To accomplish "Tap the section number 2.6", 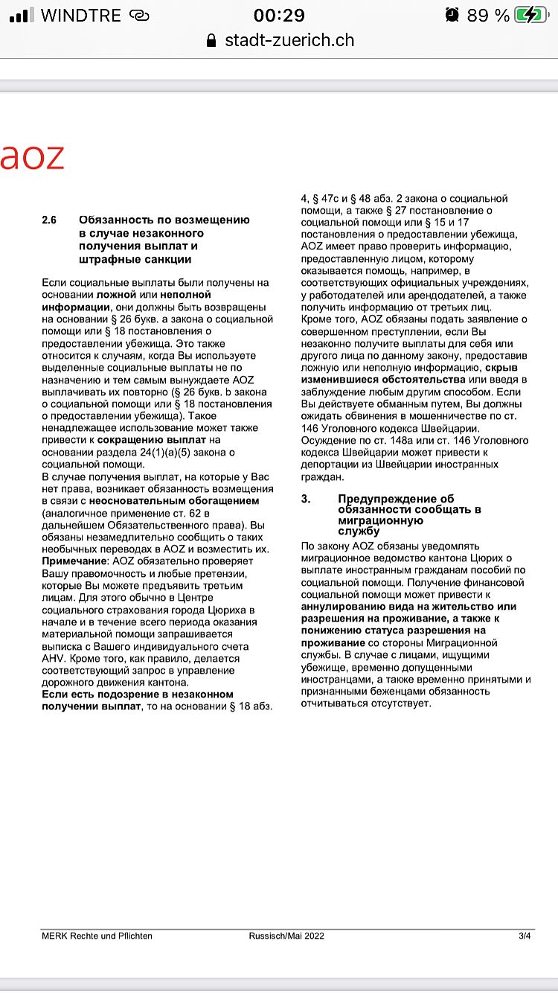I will pos(49,220).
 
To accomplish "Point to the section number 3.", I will pos(305,499).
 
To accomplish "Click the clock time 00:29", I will pos(279,15).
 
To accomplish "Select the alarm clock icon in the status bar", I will pos(452,15).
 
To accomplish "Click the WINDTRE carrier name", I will pos(81,15).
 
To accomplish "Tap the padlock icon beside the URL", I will pos(211,40).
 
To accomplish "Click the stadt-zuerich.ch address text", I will pos(289,40).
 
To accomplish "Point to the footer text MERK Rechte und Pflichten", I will pos(97,936).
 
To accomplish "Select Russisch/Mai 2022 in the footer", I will pos(286,936).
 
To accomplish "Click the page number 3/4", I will pos(525,936).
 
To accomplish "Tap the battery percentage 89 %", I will pos(488,15).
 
